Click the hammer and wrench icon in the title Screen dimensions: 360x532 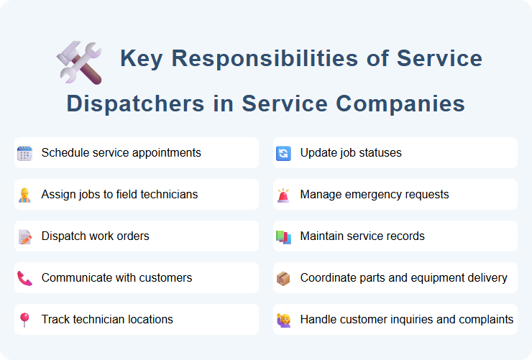tap(79, 62)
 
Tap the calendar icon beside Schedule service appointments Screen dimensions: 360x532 tap(24, 153)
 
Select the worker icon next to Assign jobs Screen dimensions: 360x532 tap(24, 195)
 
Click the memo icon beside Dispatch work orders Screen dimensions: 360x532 tap(24, 236)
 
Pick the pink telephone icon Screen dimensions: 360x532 tap(24, 278)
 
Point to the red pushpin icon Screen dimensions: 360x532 tap(24, 320)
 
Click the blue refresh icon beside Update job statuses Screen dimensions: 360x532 tap(283, 153)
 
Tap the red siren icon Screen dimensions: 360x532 tap(283, 195)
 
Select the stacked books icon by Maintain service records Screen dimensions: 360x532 tap(283, 236)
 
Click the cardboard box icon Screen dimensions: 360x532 tap(283, 278)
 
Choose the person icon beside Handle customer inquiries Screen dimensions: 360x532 tap(283, 320)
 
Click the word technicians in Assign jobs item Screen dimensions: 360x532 tap(168, 195)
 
